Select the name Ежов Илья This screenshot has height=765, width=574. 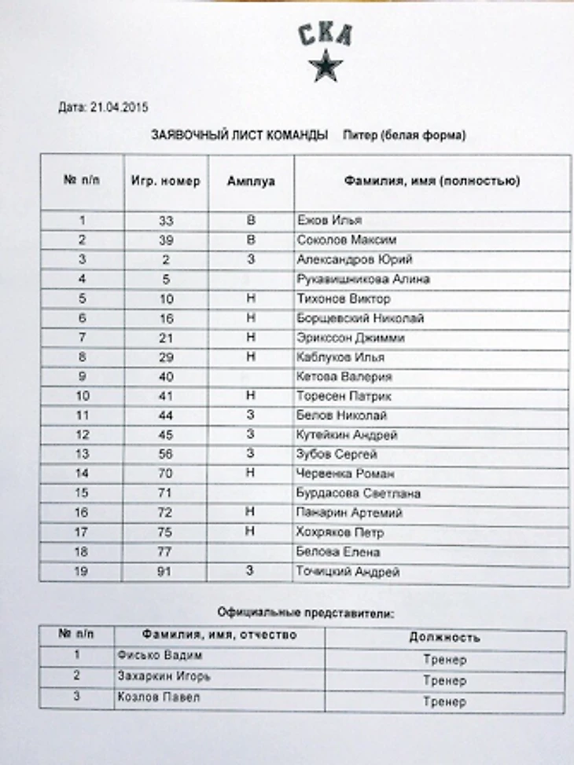(329, 221)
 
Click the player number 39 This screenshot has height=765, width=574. (165, 240)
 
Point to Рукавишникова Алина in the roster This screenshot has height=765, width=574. (363, 279)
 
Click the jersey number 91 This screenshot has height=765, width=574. (164, 572)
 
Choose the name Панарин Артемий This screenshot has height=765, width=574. (349, 513)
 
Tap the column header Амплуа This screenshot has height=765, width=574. (251, 181)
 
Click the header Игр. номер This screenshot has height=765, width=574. (165, 181)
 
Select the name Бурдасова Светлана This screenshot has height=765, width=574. (358, 493)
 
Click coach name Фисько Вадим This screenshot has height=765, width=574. (154, 656)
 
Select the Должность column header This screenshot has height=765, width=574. (444, 638)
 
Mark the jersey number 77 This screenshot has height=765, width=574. (164, 552)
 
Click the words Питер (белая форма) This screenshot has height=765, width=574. (404, 135)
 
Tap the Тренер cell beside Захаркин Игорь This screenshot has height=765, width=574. (444, 680)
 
